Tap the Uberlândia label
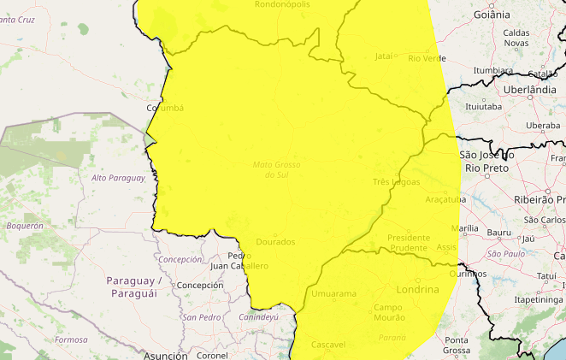point(530,89)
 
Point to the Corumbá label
point(165,108)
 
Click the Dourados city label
point(274,242)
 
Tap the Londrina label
point(418,290)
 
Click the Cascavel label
point(328,345)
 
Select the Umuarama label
point(333,294)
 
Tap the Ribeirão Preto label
point(539,198)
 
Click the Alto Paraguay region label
point(118,178)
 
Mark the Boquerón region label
point(25,226)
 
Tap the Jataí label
point(384,56)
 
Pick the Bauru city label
point(498,233)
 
